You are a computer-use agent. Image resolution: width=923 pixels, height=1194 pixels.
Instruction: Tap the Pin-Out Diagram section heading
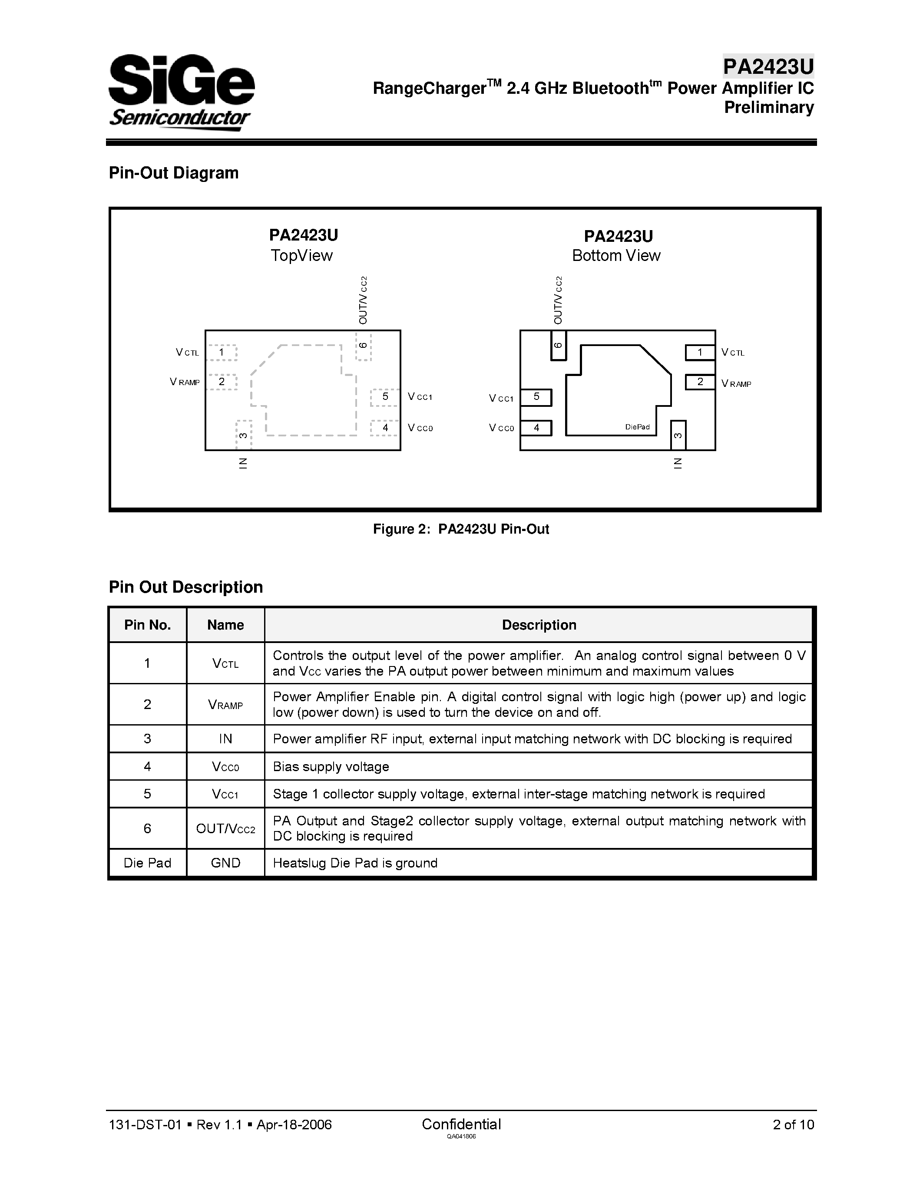173,173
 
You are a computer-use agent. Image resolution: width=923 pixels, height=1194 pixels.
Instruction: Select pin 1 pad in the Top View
222,353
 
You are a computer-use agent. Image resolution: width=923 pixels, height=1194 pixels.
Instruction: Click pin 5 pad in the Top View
385,397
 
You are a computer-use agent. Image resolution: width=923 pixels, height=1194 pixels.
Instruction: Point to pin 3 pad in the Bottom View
678,435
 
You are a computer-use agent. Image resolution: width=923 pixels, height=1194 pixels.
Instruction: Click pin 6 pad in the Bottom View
558,346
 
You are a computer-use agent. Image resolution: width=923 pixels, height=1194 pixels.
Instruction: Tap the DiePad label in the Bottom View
637,427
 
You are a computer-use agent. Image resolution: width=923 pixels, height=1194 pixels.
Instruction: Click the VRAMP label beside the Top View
185,382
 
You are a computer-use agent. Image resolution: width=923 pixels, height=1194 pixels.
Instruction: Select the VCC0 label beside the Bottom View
501,428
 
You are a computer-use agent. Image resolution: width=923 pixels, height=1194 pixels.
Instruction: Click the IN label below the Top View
243,463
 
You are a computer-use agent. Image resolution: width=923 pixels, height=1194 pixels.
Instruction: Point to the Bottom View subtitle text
616,255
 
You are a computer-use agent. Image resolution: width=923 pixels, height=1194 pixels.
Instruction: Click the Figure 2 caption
461,529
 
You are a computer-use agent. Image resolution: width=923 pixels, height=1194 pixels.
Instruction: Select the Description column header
539,625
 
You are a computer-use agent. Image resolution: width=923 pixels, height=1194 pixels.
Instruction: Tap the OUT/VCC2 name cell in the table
225,829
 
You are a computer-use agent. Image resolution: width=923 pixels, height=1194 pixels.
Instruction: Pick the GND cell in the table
225,863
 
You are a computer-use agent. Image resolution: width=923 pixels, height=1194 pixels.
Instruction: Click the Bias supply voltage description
331,766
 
